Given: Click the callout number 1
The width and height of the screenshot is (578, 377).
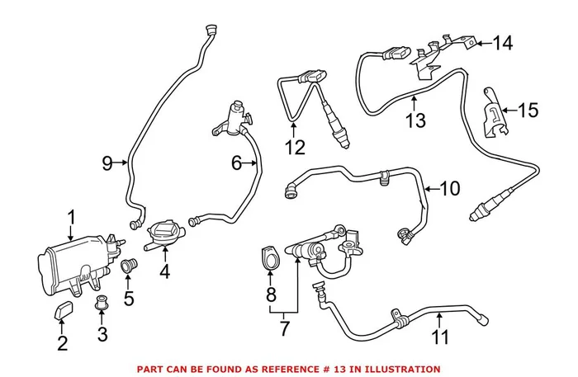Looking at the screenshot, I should [72, 217].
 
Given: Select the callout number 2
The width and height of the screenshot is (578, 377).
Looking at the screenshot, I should [62, 344].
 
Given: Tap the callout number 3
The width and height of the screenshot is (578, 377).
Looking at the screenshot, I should [102, 335].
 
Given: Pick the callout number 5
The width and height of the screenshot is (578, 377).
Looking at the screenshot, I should [128, 295].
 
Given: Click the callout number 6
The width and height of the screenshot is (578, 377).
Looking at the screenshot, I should [236, 164].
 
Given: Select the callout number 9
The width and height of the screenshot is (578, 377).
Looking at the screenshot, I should [107, 163].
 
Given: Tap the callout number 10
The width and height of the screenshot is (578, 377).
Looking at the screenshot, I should [449, 189].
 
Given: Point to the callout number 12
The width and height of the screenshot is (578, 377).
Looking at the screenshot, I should [294, 148].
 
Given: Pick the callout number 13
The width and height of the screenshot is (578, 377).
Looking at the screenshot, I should [415, 120].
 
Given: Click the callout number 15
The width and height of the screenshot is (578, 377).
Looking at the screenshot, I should [528, 109].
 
